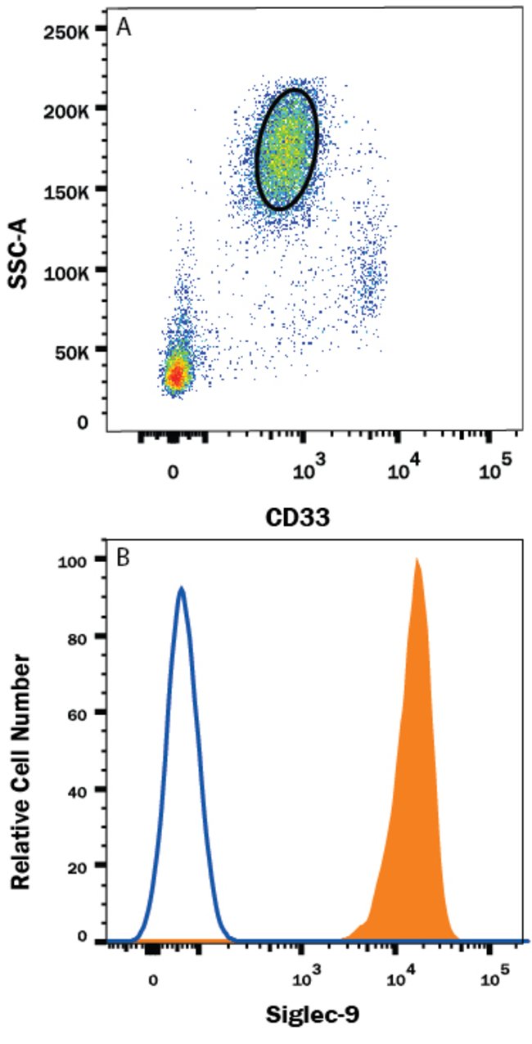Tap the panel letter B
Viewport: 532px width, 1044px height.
124,560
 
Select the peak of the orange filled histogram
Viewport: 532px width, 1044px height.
417,560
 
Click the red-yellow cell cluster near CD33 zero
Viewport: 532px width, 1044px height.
175,375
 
